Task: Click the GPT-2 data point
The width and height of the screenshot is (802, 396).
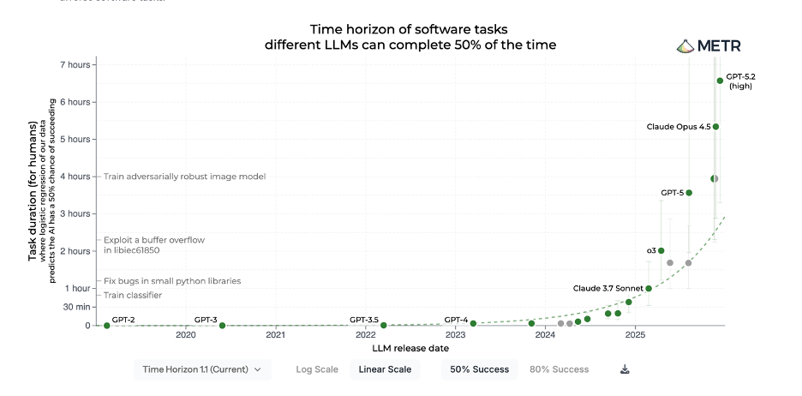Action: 107,326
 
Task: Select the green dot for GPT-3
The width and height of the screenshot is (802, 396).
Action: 222,326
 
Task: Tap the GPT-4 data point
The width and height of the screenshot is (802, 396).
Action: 473,324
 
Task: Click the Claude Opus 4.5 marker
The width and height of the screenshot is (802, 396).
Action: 715,127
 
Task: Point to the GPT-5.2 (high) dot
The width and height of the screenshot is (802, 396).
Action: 720,81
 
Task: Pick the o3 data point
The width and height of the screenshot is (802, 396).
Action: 661,251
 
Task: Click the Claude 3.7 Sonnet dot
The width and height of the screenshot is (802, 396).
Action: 649,289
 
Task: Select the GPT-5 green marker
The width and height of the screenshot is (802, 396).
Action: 689,193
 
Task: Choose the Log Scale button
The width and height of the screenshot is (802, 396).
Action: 317,369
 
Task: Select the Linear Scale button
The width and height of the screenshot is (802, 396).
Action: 385,369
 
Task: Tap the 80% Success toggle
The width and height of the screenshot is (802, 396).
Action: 559,369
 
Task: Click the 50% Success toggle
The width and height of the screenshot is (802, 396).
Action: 479,369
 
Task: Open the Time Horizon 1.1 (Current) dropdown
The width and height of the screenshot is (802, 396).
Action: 202,369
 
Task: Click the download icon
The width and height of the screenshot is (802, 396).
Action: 625,369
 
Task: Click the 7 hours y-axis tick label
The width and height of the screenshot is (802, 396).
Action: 74,64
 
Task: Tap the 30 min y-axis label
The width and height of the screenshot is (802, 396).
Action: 75,307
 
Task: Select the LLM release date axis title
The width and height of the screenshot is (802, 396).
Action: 410,349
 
